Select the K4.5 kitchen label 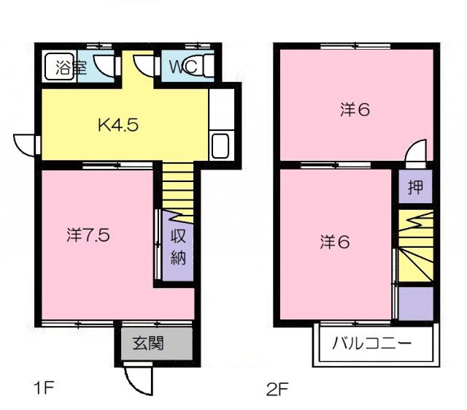point(118,124)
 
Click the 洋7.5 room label point(88,235)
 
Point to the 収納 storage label point(178,246)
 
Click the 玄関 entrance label point(147,342)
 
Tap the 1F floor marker point(44,387)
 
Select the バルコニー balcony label point(372,343)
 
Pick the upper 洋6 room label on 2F point(355,110)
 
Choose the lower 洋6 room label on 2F point(334,241)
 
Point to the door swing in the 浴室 point(107,66)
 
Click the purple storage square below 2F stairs point(414,303)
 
